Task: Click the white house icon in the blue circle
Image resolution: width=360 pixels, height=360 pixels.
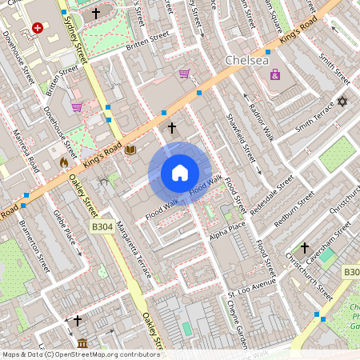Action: [x=180, y=173]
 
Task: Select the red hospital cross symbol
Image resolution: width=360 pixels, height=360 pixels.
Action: [x=38, y=28]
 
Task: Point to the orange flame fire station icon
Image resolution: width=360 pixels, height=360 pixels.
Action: [x=64, y=162]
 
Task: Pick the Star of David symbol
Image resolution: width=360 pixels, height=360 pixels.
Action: [x=343, y=102]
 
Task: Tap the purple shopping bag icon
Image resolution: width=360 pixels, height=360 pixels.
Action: [x=275, y=74]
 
